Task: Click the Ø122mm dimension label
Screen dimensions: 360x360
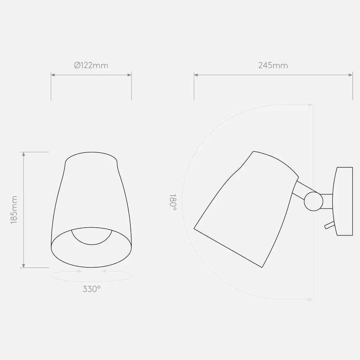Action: tap(91, 65)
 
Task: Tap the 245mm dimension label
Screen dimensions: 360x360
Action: tap(273, 65)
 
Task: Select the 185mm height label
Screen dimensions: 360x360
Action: tap(14, 210)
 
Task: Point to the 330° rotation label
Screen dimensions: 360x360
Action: tap(92, 289)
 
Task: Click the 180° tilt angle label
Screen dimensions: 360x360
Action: tap(173, 202)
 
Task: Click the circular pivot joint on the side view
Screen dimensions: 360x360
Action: tap(313, 201)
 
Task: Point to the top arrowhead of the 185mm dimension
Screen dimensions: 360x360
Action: tap(24, 154)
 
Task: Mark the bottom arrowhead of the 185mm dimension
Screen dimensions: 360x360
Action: tap(24, 265)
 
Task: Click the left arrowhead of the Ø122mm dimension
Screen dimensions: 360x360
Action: tap(53, 75)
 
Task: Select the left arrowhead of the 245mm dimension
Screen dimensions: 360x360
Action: tap(196, 75)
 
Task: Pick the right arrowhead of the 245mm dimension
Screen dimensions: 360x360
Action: tap(350, 75)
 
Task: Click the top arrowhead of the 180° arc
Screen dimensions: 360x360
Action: tap(311, 104)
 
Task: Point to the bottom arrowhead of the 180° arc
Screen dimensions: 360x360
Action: tap(311, 299)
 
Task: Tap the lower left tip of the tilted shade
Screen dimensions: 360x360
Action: tap(195, 229)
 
